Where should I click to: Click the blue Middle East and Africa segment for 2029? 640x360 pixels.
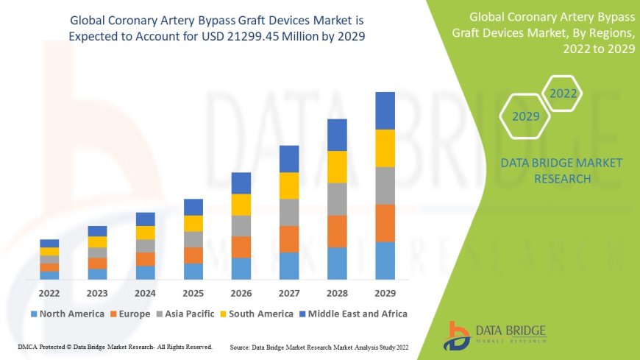tap(385, 110)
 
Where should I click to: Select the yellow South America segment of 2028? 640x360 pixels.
tap(337, 166)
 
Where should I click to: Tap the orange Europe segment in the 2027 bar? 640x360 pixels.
tap(289, 239)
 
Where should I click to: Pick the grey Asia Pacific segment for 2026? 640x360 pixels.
tap(241, 225)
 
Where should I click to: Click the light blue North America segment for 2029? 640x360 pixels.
tap(385, 261)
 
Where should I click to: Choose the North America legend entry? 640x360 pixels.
tap(67, 314)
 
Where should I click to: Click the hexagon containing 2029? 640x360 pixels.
tap(526, 116)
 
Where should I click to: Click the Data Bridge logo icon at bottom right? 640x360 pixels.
tap(457, 335)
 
